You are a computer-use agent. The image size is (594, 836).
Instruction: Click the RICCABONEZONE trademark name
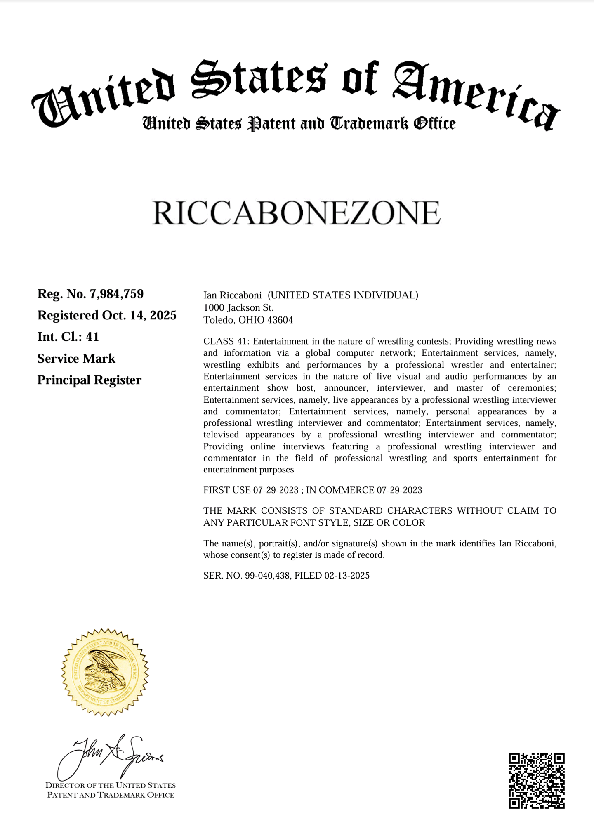pos(297,213)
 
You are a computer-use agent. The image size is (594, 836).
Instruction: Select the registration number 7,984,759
pos(117,294)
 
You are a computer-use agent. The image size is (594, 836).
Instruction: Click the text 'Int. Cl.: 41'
pos(68,337)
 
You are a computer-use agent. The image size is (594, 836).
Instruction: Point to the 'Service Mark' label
pos(76,359)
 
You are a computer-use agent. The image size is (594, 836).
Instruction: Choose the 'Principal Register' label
pos(89,380)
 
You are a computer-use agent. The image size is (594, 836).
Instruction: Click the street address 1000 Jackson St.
pos(238,307)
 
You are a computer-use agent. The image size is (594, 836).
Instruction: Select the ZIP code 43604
pos(280,320)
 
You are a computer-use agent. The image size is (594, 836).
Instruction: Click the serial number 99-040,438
pos(267,575)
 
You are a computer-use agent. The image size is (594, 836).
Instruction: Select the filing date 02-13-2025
pos(347,575)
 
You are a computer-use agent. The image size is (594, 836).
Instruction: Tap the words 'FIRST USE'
pos(227,490)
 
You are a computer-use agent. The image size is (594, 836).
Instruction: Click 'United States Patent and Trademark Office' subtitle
pos(299,123)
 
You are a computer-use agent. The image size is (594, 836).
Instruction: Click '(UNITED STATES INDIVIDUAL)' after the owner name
pos(343,295)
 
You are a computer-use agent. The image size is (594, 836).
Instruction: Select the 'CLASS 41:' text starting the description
pos(226,341)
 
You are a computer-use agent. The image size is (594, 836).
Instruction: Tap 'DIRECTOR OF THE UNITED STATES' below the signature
pos(111,785)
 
